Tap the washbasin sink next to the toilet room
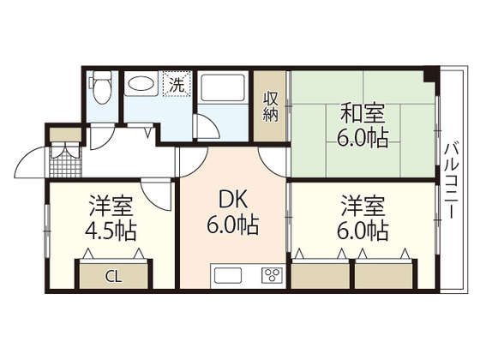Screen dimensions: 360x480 pyautogui.click(x=141, y=85)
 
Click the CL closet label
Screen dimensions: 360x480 pyautogui.click(x=113, y=277)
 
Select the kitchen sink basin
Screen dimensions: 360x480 pyautogui.click(x=229, y=276)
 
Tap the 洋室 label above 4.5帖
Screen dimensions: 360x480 pyautogui.click(x=111, y=206)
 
